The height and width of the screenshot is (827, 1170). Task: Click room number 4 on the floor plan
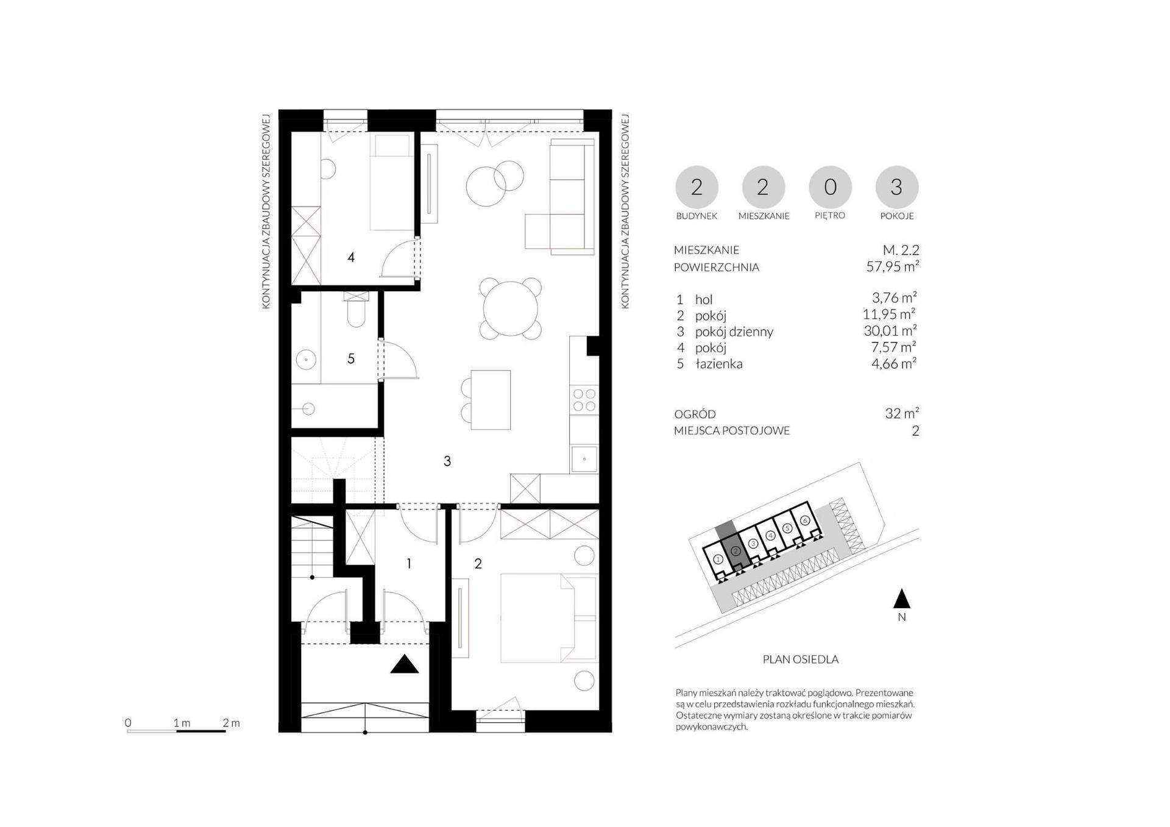click(x=351, y=258)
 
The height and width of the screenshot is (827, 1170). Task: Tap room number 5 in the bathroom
click(x=351, y=359)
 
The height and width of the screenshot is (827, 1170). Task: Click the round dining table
click(x=511, y=308)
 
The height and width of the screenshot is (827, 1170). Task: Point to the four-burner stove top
click(x=584, y=400)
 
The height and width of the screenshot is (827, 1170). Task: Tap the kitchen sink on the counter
click(x=584, y=459)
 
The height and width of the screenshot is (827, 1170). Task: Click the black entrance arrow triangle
click(x=405, y=664)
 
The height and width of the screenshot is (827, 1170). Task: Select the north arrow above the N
click(x=902, y=598)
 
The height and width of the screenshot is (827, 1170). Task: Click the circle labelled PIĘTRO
click(x=830, y=187)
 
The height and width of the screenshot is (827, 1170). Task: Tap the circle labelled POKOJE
click(x=897, y=187)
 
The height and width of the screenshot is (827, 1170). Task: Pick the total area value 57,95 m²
click(x=893, y=266)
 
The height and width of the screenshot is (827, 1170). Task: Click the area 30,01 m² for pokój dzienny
click(x=890, y=331)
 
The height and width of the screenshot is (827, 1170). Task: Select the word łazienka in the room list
click(x=719, y=364)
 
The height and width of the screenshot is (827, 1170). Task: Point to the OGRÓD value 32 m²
click(x=902, y=413)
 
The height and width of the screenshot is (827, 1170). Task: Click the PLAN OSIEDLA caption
click(x=801, y=659)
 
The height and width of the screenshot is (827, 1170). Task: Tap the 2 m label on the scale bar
click(x=231, y=723)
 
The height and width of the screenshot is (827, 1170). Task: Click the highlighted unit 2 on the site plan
click(x=736, y=552)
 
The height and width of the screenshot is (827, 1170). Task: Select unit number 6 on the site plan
click(x=805, y=520)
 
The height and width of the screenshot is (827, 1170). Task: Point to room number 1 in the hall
click(x=408, y=564)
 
